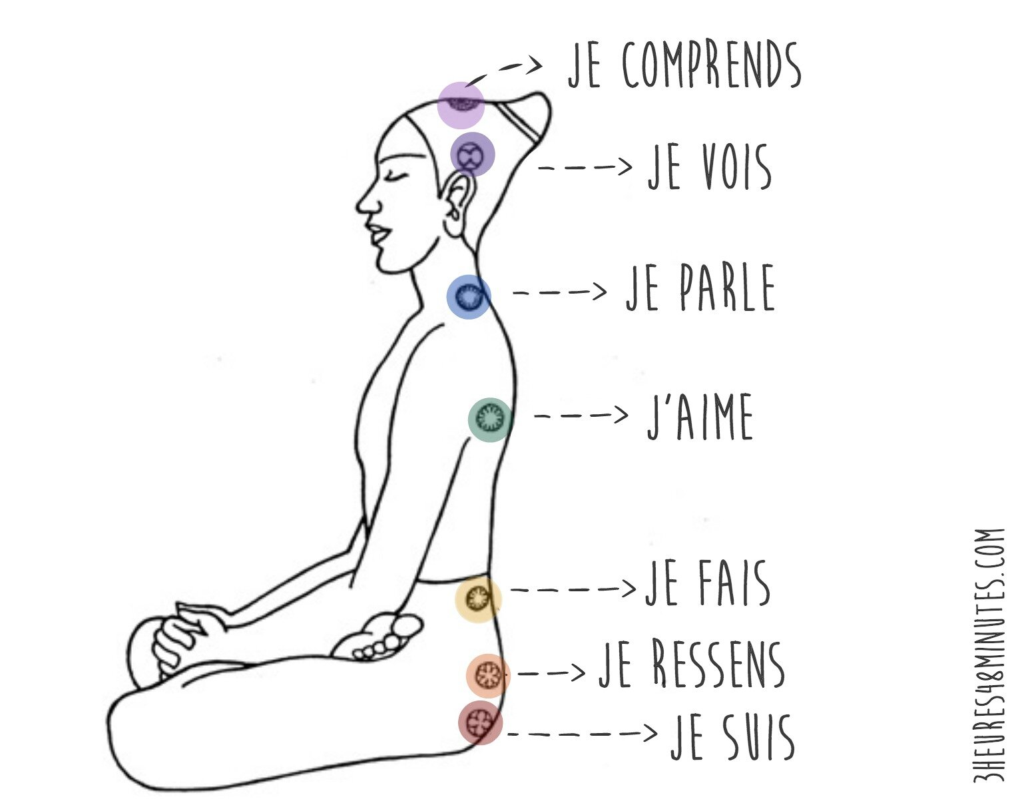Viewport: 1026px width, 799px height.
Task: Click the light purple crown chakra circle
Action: point(461,105)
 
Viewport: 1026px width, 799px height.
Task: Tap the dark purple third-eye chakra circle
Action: point(473,154)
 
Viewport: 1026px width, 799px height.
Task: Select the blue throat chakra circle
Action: point(469,297)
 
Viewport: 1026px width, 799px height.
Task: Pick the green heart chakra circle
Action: point(490,419)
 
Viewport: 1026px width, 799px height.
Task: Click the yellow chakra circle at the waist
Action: point(478,599)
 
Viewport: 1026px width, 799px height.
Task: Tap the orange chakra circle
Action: point(488,676)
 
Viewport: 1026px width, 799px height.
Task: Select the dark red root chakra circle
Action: point(480,722)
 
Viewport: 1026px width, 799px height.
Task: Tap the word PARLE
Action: point(728,287)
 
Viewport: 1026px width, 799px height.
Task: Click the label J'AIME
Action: point(700,416)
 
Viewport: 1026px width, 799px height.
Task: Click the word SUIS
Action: point(759,736)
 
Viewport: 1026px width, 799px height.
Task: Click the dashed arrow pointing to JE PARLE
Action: point(559,292)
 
